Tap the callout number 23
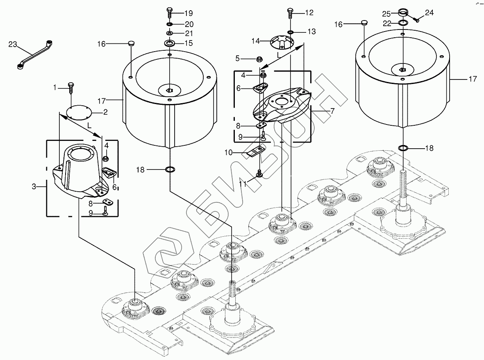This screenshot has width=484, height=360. pyautogui.click(x=13, y=44)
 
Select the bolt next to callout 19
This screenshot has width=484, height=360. pyautogui.click(x=170, y=13)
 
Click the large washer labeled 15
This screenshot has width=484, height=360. pyautogui.click(x=170, y=43)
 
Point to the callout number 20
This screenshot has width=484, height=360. pyautogui.click(x=189, y=25)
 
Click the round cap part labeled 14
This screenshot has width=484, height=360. pyautogui.click(x=282, y=42)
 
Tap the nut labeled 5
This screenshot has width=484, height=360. pyautogui.click(x=259, y=58)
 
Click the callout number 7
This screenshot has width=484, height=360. pyautogui.click(x=332, y=111)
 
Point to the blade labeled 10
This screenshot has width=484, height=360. pyautogui.click(x=256, y=152)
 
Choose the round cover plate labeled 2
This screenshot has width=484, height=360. pyautogui.click(x=80, y=112)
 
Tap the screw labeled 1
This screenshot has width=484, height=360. pyautogui.click(x=71, y=88)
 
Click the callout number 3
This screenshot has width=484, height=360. pyautogui.click(x=34, y=187)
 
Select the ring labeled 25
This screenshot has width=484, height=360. pyautogui.click(x=402, y=13)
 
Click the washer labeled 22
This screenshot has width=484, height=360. pyautogui.click(x=402, y=23)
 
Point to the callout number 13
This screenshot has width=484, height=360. pyautogui.click(x=312, y=32)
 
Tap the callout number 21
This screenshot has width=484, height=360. pyautogui.click(x=189, y=33)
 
